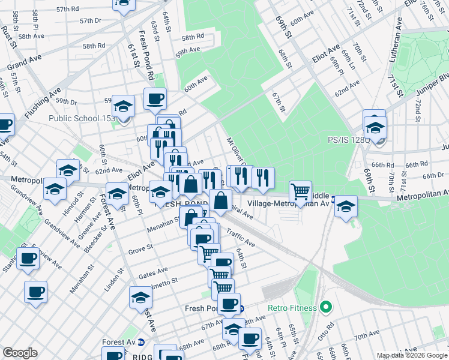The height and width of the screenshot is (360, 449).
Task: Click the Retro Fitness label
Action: (x=292, y=308)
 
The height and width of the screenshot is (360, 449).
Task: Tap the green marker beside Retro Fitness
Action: (x=326, y=308)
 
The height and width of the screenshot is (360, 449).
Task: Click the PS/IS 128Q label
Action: (x=348, y=140)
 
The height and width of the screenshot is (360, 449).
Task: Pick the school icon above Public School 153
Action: (x=124, y=106)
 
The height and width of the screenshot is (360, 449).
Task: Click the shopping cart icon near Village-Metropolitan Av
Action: (x=301, y=192)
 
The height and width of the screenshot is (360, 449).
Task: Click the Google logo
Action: (x=20, y=353)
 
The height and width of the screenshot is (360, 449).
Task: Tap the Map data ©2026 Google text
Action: (x=411, y=355)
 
